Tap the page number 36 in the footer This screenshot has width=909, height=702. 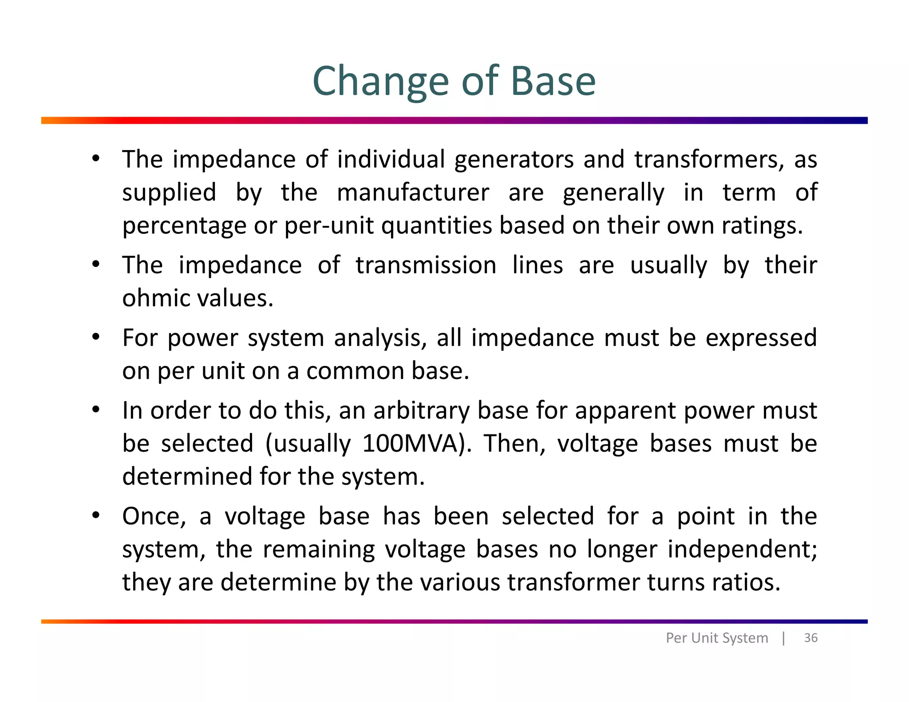pos(810,638)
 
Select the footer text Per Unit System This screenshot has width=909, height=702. pos(716,638)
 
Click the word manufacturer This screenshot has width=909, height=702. pos(413,193)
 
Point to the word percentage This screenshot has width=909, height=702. pos(184,226)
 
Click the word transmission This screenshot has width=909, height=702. pos(426,265)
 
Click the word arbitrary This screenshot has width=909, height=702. pos(421,410)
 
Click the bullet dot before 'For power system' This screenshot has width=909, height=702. pos(95,337)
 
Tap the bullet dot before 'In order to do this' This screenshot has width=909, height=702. pos(95,410)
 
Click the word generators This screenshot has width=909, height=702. pos(514,160)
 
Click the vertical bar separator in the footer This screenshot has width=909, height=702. pos(783,638)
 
